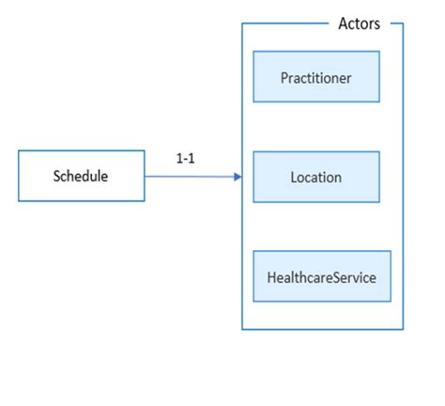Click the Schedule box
click(x=82, y=175)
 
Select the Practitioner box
click(x=315, y=77)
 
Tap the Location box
click(x=315, y=176)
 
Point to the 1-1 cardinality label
click(x=185, y=159)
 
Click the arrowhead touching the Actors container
click(x=238, y=175)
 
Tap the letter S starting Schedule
click(x=56, y=176)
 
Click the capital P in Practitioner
click(x=284, y=77)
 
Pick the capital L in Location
click(x=294, y=176)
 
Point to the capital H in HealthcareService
click(x=271, y=277)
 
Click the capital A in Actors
click(x=343, y=24)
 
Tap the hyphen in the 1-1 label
click(x=185, y=160)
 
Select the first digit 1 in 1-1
click(x=179, y=159)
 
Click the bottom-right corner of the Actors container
click(x=403, y=329)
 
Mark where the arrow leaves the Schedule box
click(x=146, y=175)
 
